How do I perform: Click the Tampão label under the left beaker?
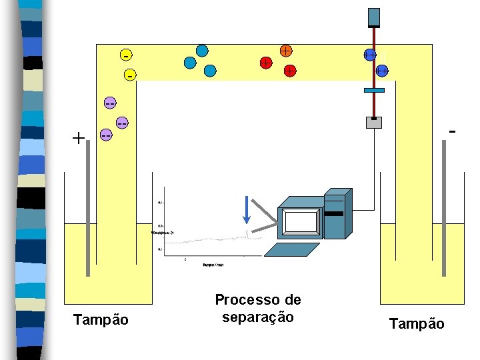pos(101,320)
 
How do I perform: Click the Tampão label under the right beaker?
pos(416,323)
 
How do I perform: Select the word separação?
pos(258,317)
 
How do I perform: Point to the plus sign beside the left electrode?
pos(79,139)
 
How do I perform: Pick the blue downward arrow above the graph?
pos(247,210)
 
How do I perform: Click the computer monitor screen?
pos(300,221)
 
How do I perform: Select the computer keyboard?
pos(293,249)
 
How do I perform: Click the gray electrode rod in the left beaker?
pos(87,223)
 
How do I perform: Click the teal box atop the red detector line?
pos(374,17)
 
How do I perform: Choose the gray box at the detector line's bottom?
pos(374,122)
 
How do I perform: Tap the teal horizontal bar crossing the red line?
pos(375,90)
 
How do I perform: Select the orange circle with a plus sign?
pos(285,50)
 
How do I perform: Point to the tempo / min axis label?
pos(213,265)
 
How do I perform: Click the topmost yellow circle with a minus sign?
pos(125,53)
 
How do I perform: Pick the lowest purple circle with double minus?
pos(105,135)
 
